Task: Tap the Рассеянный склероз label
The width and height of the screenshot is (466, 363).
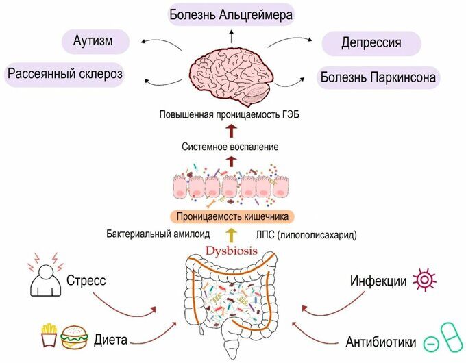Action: coord(66,73)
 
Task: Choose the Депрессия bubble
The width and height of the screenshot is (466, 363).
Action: coord(371,44)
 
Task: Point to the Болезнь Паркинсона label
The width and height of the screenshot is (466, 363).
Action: coord(378,77)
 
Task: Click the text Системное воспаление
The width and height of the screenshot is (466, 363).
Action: coord(231,147)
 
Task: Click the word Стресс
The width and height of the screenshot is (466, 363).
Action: coord(86,280)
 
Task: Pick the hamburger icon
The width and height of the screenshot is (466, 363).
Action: coord(74,337)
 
